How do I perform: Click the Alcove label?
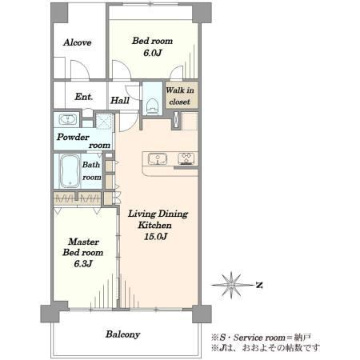coord(78,42)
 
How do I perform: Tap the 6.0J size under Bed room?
coord(153,53)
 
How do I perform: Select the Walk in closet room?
coord(182,95)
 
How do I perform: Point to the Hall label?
coord(120,101)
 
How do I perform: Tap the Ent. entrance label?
coord(84,97)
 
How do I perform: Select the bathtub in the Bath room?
coord(70,171)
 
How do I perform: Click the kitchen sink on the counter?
coord(158,159)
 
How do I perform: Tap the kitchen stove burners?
coord(186,158)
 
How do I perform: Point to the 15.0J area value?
coord(155,236)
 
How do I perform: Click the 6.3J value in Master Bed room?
coord(83,264)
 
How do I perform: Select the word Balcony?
coord(122,334)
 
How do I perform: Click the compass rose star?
coord(231,285)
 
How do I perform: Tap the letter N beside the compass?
coord(258,285)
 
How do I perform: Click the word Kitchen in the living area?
coord(154,225)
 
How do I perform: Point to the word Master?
coord(83,242)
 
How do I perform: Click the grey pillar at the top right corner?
coord(202,13)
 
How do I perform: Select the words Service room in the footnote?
coord(259,338)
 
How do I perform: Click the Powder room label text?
coord(83,141)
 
